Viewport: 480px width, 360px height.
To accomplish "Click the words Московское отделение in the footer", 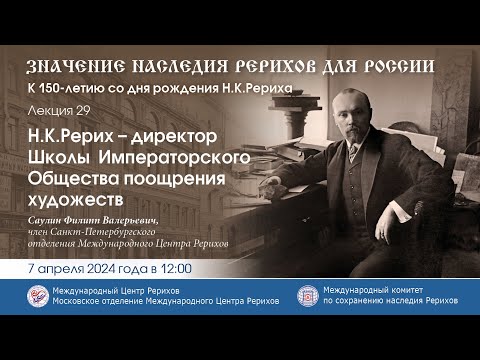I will click(x=109, y=304).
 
